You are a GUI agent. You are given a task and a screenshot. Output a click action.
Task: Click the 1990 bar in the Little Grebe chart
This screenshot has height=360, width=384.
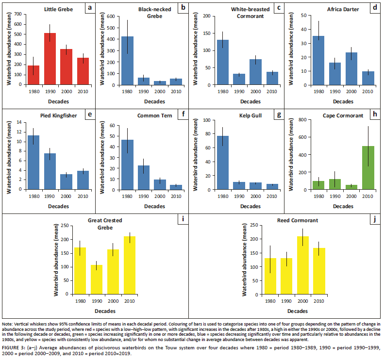(50, 59)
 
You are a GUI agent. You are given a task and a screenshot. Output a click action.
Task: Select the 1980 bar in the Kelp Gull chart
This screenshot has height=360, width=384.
(222, 163)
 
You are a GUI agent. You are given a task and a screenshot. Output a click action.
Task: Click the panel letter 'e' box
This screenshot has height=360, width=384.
(89, 115)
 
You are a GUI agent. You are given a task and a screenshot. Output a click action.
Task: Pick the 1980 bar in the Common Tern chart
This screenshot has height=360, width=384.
(128, 164)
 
